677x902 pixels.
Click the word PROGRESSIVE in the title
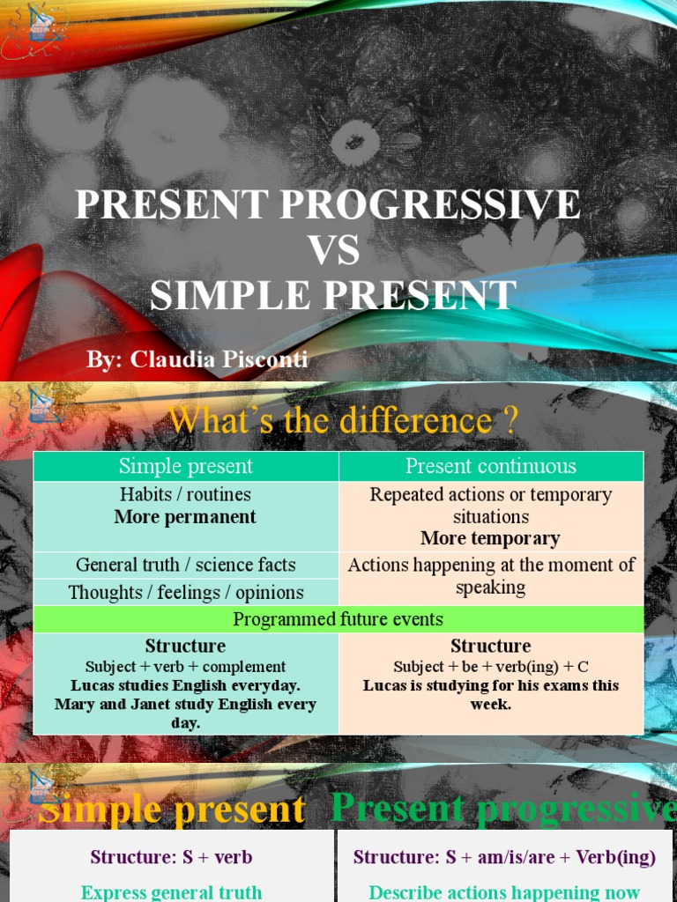(430, 205)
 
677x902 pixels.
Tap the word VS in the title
(333, 251)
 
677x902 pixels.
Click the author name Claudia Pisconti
(220, 359)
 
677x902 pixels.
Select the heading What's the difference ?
(343, 420)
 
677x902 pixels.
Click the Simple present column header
(186, 466)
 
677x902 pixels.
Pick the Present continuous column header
(491, 466)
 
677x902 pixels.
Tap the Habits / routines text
(186, 494)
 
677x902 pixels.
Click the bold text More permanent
(186, 517)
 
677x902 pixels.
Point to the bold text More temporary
(490, 538)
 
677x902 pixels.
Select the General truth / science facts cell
(186, 565)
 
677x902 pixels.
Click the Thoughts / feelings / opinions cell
(186, 592)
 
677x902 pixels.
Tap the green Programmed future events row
(338, 619)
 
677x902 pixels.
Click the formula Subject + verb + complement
(186, 667)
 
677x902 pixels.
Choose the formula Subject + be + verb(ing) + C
(491, 667)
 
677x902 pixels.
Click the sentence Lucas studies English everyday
(186, 685)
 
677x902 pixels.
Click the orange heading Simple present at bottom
(173, 810)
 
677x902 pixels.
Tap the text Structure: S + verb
(172, 857)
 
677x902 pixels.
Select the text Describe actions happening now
(504, 892)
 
